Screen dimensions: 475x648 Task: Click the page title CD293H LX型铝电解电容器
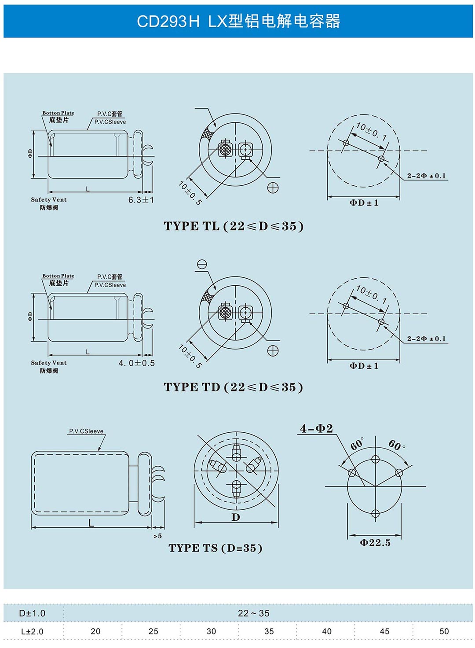[x=238, y=22]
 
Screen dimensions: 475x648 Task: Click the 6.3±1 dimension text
[x=141, y=199]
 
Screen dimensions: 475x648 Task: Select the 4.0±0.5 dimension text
[x=136, y=363]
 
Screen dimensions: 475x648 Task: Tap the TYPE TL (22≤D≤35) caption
[x=234, y=226]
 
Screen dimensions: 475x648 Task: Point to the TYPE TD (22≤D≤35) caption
[x=233, y=387]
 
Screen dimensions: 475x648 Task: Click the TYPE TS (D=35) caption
[x=216, y=548]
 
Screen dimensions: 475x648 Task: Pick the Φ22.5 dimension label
[x=375, y=543]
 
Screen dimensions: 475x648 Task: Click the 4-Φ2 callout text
[x=316, y=428]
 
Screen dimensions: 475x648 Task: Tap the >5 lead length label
[x=157, y=536]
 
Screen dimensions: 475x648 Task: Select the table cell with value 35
[x=269, y=631]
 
